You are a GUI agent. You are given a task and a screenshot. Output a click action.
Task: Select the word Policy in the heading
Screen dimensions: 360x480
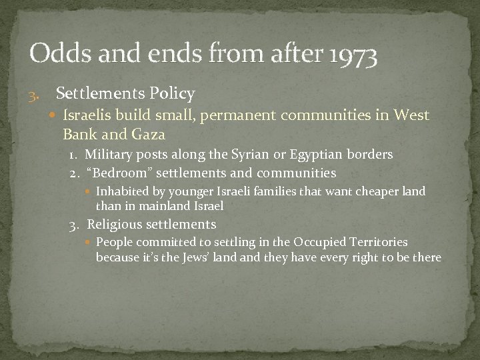[171, 93]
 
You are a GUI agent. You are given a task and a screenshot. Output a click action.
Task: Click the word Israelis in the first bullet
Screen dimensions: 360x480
[86, 115]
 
